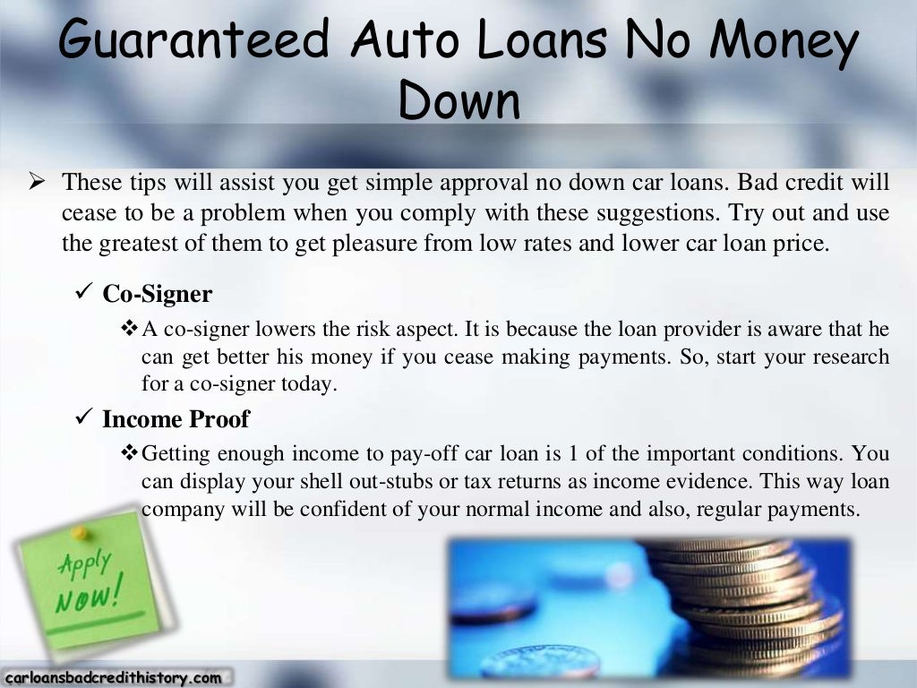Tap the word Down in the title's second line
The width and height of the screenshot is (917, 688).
(458, 99)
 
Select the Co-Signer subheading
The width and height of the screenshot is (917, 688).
(157, 294)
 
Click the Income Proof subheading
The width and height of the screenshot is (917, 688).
(176, 418)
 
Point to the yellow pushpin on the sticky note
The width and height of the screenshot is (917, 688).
(81, 534)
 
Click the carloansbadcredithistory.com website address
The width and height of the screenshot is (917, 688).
(112, 678)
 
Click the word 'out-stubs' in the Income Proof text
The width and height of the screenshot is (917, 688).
(391, 481)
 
